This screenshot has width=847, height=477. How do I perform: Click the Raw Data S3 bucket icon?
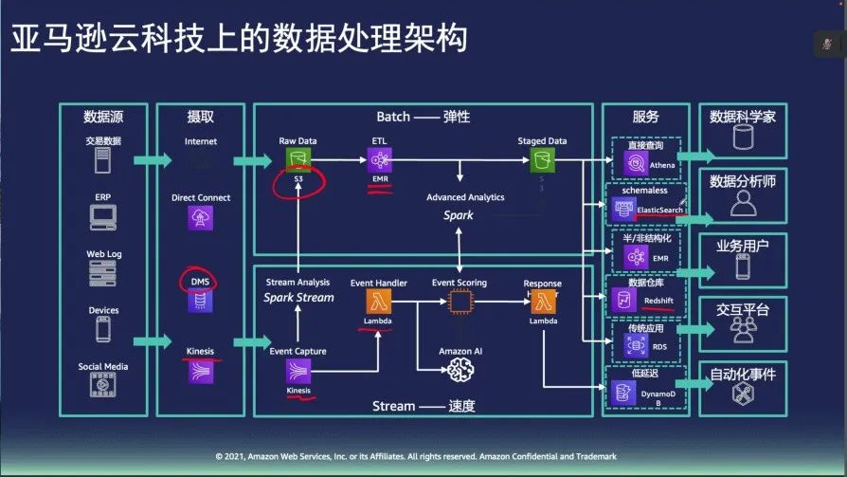click(298, 157)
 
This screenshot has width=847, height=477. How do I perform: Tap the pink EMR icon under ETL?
click(380, 157)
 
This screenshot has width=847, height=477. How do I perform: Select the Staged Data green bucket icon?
click(543, 157)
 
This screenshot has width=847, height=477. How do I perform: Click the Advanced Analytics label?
click(465, 197)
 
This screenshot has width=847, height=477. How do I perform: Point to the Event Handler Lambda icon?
click(378, 302)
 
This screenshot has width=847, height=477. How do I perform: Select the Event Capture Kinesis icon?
click(298, 371)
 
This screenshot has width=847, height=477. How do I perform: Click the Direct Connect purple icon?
click(201, 218)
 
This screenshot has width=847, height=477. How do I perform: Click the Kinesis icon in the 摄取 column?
click(200, 371)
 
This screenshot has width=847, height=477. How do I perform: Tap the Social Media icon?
click(103, 385)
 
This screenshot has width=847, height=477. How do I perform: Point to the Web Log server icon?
click(103, 273)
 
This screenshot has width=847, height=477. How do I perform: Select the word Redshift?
click(658, 301)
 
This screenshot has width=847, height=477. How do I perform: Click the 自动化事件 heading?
click(743, 375)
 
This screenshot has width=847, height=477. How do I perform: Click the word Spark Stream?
click(299, 298)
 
